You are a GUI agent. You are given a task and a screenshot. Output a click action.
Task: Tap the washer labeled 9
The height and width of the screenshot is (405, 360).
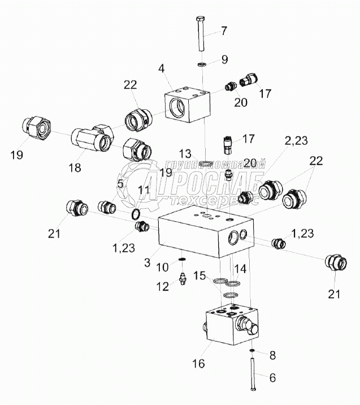[x=202, y=64]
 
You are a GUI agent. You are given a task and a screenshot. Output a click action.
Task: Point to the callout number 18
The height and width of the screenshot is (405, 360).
[x=74, y=167]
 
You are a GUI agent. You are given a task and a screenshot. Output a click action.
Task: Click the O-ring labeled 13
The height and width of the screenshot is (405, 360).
[x=206, y=165]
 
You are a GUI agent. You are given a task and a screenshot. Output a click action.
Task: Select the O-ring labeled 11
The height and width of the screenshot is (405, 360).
[x=136, y=215]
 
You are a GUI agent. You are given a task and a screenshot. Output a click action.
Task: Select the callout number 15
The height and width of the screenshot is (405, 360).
[x=200, y=276]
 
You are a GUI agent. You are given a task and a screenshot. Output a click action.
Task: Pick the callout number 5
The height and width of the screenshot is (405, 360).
[x=120, y=183]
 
